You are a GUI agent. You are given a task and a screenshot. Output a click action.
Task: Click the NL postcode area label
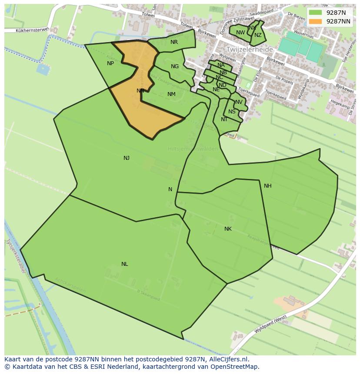click(x=125, y=264)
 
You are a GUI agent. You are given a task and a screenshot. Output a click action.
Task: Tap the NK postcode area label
click(x=228, y=229)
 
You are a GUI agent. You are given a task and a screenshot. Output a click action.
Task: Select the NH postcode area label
click(x=267, y=186)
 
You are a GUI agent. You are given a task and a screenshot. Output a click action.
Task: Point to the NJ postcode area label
click(x=127, y=158)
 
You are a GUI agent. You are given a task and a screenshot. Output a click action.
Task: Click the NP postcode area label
click(x=110, y=63)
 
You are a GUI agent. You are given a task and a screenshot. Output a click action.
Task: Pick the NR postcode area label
click(x=174, y=42)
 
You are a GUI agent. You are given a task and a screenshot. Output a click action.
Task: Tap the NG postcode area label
click(x=175, y=66)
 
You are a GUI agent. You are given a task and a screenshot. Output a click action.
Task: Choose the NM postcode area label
click(x=171, y=94)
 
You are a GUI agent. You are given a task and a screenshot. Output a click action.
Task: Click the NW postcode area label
click(x=240, y=33)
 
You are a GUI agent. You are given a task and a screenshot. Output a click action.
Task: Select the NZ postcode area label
click(x=258, y=36)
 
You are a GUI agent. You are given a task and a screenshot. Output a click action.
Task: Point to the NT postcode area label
click(x=224, y=119)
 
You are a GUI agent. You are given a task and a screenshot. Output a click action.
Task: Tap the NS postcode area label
click(x=232, y=112)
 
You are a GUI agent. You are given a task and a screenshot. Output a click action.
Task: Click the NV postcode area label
click(x=239, y=102)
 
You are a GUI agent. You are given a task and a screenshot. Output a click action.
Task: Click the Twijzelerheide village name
click(x=249, y=50)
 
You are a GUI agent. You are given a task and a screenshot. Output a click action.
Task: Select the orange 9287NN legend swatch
click(x=316, y=21)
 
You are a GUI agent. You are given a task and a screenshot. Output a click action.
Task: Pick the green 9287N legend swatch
click(x=316, y=13)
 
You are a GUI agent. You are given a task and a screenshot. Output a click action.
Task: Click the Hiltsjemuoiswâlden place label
click(x=193, y=149)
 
